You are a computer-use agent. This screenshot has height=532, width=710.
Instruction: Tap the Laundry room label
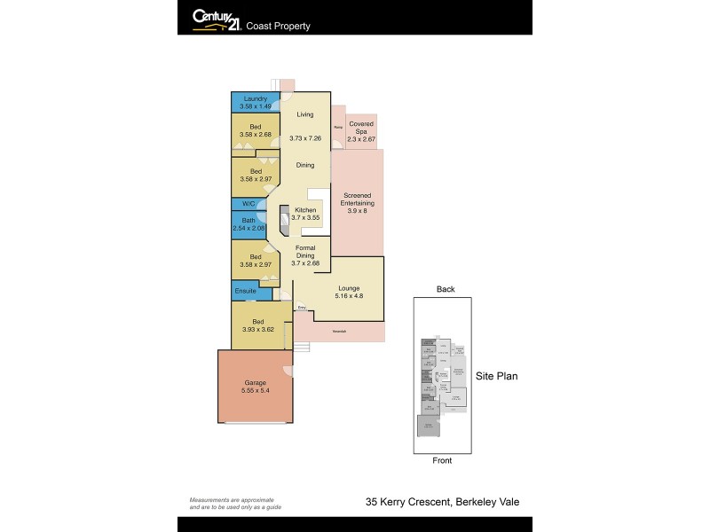click(x=256, y=98)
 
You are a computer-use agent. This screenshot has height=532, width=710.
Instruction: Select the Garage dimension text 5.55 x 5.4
click(x=256, y=391)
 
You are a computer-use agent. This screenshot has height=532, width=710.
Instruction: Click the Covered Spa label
click(x=361, y=124)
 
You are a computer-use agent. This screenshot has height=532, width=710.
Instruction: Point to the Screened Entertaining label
click(x=357, y=199)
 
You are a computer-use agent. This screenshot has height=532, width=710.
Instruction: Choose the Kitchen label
click(x=305, y=209)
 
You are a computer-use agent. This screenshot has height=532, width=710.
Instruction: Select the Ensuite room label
click(x=246, y=291)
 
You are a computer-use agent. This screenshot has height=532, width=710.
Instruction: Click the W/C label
click(x=248, y=203)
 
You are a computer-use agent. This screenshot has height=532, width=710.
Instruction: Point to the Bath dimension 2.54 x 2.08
click(x=249, y=228)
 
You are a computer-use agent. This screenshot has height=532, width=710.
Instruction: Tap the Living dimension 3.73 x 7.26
click(x=306, y=138)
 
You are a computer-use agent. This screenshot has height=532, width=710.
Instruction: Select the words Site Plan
click(x=497, y=376)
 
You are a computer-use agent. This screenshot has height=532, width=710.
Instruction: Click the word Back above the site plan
click(x=445, y=289)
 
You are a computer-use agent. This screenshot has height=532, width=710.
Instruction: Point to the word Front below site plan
click(x=442, y=460)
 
